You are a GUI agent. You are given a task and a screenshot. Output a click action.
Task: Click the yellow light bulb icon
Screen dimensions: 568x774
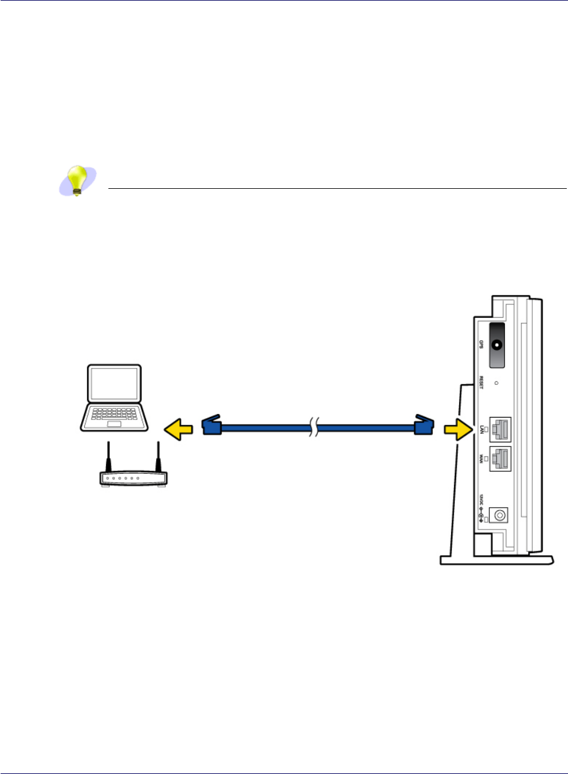(x=77, y=180)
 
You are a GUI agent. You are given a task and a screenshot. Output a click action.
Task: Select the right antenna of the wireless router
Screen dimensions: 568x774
(x=159, y=457)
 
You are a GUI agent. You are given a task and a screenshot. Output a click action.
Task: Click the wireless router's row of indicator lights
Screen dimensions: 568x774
(x=122, y=478)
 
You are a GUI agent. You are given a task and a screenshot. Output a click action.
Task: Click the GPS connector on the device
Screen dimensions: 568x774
(x=497, y=345)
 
